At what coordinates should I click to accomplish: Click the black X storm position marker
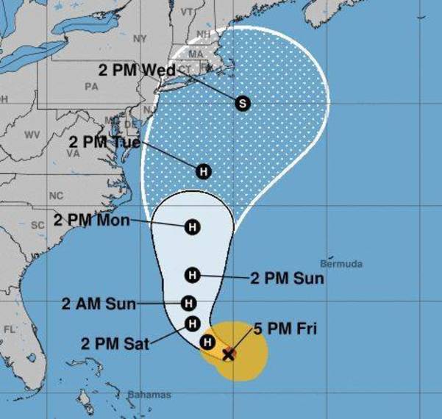[x=229, y=354]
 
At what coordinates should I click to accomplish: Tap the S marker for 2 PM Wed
[x=243, y=103]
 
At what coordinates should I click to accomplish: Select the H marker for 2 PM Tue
[x=204, y=171]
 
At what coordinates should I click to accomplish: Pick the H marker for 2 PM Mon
[x=193, y=226]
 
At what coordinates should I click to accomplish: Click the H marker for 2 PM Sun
[x=193, y=276]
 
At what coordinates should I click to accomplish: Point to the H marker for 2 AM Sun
[x=189, y=303]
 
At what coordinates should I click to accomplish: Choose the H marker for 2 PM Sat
[x=193, y=323]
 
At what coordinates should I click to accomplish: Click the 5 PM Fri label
[x=286, y=329]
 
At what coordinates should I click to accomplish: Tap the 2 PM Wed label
[x=138, y=70]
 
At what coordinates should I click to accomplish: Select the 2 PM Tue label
[x=104, y=142]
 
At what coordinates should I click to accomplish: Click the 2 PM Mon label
[x=91, y=221]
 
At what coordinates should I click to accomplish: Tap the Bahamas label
[x=149, y=395]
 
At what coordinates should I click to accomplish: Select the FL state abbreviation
[x=10, y=329]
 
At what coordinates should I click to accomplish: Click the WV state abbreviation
[x=32, y=135]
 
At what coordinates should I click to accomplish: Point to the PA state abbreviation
[x=91, y=86]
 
